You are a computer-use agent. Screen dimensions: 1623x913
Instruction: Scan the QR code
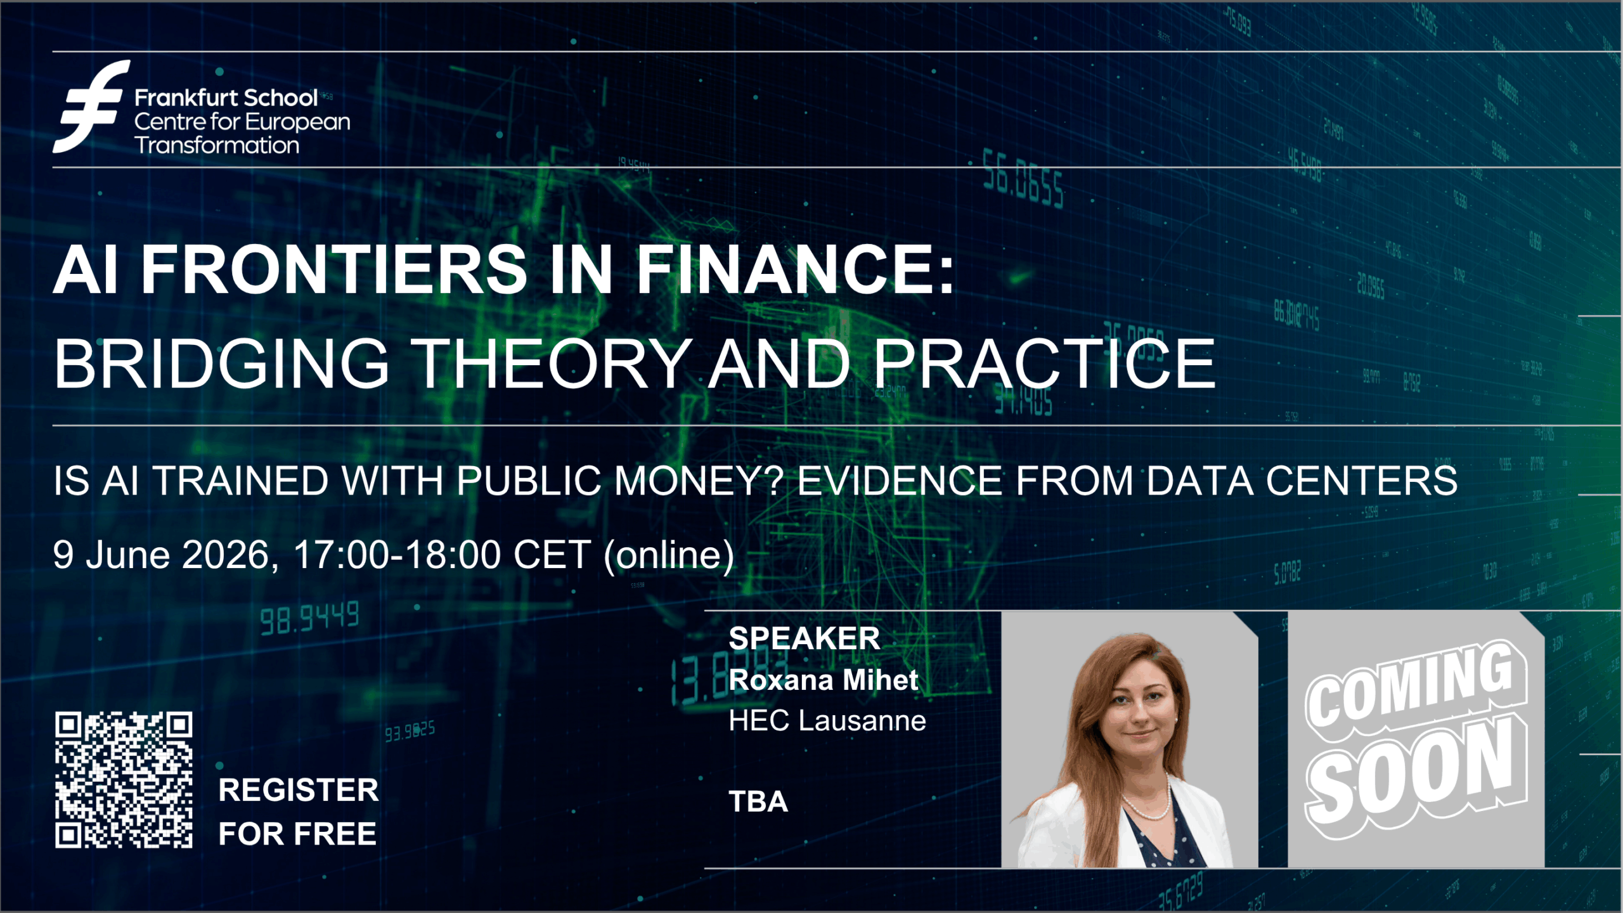(124, 780)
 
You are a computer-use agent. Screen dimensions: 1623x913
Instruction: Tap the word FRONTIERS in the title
(333, 270)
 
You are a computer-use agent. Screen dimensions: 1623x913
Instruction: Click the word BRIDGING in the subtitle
(221, 363)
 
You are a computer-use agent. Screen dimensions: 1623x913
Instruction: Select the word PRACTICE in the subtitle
(1044, 363)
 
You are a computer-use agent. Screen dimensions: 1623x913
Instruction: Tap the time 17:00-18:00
(398, 555)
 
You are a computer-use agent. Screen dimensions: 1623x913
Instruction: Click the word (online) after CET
(669, 556)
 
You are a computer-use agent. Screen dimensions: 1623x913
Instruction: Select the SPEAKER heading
(805, 638)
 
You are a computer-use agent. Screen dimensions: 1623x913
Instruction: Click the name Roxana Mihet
(823, 680)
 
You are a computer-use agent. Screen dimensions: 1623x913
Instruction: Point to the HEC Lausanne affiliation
(827, 721)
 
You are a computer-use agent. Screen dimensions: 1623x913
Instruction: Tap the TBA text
(758, 801)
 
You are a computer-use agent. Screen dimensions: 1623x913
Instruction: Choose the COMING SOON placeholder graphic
(1416, 739)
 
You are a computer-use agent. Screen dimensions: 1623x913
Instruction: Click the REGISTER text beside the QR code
(299, 790)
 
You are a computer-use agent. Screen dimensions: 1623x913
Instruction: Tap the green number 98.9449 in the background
(309, 618)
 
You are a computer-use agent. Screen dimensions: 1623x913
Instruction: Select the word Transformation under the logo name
(217, 146)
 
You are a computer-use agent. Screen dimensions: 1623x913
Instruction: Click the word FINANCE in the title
(795, 270)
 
